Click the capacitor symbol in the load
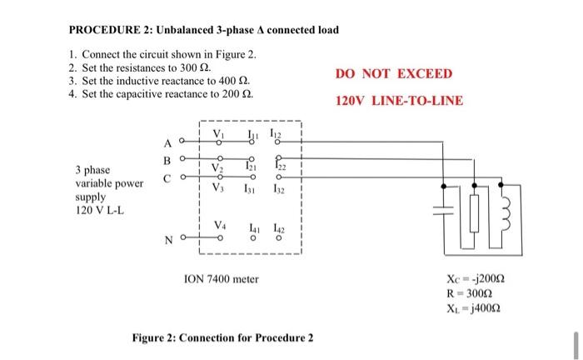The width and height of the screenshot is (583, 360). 449,212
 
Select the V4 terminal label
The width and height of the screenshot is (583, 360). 220,224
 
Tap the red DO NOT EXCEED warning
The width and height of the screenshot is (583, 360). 394,73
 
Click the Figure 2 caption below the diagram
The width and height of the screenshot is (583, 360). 222,337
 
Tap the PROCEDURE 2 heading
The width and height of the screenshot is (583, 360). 203,30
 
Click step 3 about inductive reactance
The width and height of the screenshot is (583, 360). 158,81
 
